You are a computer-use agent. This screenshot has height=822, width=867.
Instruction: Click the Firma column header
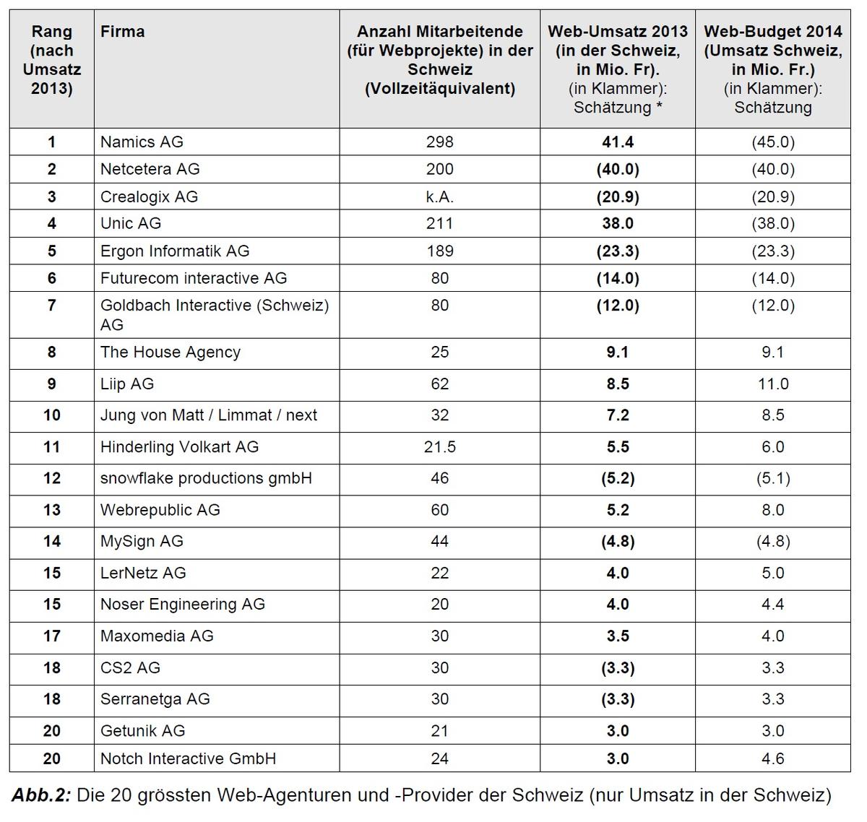[122, 31]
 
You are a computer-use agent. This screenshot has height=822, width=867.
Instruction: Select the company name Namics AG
[142, 142]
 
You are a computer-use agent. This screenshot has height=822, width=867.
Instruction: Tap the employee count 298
[440, 142]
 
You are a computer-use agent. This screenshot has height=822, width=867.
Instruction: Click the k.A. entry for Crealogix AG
[440, 196]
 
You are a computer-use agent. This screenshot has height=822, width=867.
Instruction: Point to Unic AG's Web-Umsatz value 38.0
[618, 223]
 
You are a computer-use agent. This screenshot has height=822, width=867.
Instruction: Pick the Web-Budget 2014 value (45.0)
[772, 142]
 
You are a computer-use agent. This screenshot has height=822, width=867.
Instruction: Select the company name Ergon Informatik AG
[175, 251]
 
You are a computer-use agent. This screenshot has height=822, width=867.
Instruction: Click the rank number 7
[51, 305]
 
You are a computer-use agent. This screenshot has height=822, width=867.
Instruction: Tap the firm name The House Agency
[171, 352]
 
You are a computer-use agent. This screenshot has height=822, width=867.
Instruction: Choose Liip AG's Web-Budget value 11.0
[772, 384]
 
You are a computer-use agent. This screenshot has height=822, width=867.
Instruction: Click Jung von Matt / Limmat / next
[209, 415]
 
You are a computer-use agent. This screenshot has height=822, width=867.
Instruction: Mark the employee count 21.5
[440, 446]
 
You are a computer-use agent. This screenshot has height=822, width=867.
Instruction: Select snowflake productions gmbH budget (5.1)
[772, 478]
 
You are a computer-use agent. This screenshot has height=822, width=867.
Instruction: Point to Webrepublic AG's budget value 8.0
[772, 510]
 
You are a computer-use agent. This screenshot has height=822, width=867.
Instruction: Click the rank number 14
[51, 541]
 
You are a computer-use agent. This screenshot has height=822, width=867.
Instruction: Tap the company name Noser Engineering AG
[183, 604]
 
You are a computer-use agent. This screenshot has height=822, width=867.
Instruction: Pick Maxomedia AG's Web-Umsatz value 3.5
[618, 636]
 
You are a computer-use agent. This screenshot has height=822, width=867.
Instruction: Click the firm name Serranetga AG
[155, 699]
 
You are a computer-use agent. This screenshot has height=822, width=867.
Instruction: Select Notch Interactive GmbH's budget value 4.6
[772, 758]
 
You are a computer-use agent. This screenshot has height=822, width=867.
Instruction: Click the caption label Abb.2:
[41, 795]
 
